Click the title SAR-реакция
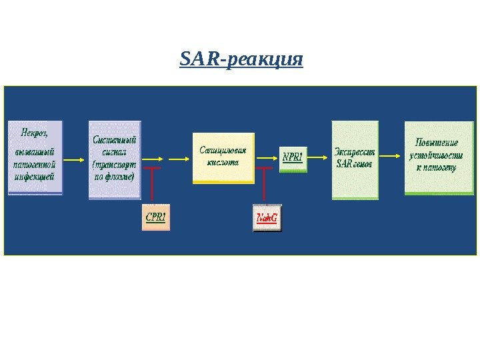tap(241, 60)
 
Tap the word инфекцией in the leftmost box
tap(34, 176)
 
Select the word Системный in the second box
tap(114, 140)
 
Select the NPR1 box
tap(293, 158)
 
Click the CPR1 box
tap(156, 217)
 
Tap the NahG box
tap(267, 218)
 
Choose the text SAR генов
tap(354, 163)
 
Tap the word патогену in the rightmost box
tap(440, 167)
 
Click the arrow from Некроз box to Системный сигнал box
tap(75, 159)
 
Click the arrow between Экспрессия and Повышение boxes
tap(391, 159)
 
